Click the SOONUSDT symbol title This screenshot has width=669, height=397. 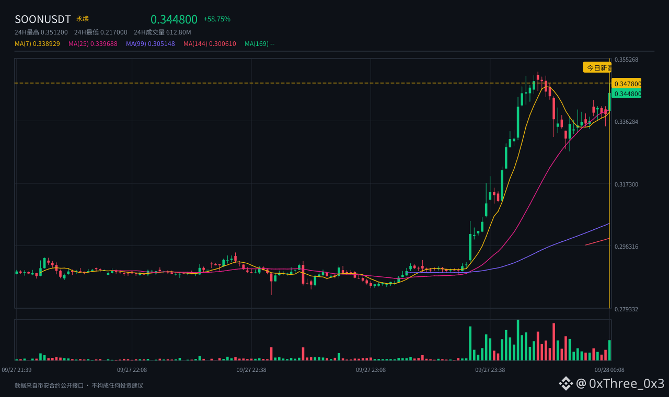pyautogui.click(x=43, y=19)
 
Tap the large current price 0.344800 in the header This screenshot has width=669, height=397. pyautogui.click(x=174, y=19)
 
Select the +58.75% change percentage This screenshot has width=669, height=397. pyautogui.click(x=217, y=19)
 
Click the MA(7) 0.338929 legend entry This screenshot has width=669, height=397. pyautogui.click(x=37, y=44)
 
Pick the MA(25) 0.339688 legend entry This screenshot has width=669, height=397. pyautogui.click(x=93, y=44)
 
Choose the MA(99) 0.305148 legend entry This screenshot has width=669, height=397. pyautogui.click(x=150, y=44)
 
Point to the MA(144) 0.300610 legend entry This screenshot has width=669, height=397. pyautogui.click(x=210, y=44)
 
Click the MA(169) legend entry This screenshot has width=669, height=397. pyautogui.click(x=259, y=44)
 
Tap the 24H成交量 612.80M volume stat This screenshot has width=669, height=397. pyautogui.click(x=162, y=32)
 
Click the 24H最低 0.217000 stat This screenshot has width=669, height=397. pyautogui.click(x=101, y=32)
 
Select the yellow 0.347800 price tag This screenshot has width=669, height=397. pyautogui.click(x=627, y=84)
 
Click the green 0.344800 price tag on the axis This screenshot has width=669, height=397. pyautogui.click(x=627, y=94)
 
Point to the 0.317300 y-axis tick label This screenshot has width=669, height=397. pyautogui.click(x=626, y=184)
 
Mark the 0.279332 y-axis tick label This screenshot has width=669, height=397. pyautogui.click(x=626, y=309)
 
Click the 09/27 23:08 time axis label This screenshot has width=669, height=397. pyautogui.click(x=371, y=370)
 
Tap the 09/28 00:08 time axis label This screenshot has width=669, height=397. pyautogui.click(x=609, y=370)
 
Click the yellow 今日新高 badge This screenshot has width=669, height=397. pyautogui.click(x=597, y=68)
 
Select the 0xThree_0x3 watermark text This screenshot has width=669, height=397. pyautogui.click(x=626, y=383)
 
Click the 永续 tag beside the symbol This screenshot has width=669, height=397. pyautogui.click(x=83, y=19)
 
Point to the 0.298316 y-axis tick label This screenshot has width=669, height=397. pyautogui.click(x=626, y=247)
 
